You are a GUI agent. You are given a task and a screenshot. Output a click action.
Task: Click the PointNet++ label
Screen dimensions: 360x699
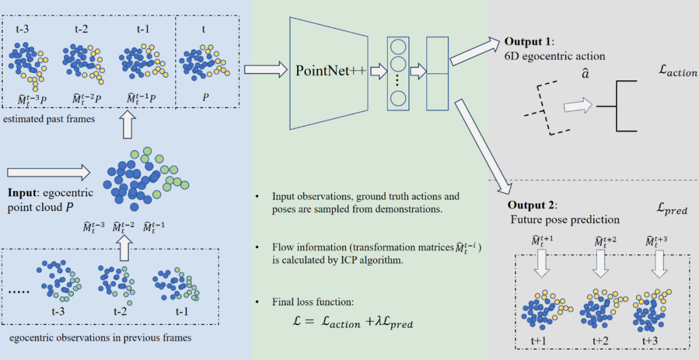pyautogui.click(x=330, y=71)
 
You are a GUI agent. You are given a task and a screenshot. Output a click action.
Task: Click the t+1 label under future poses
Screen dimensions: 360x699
pyautogui.click(x=542, y=341)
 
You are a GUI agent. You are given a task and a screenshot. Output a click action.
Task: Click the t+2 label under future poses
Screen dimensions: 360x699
pyautogui.click(x=598, y=341)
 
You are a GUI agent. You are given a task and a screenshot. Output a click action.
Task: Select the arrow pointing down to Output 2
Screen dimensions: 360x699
pyautogui.click(x=483, y=146)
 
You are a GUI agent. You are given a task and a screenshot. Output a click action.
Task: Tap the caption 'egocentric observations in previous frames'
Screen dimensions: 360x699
pyautogui.click(x=100, y=337)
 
